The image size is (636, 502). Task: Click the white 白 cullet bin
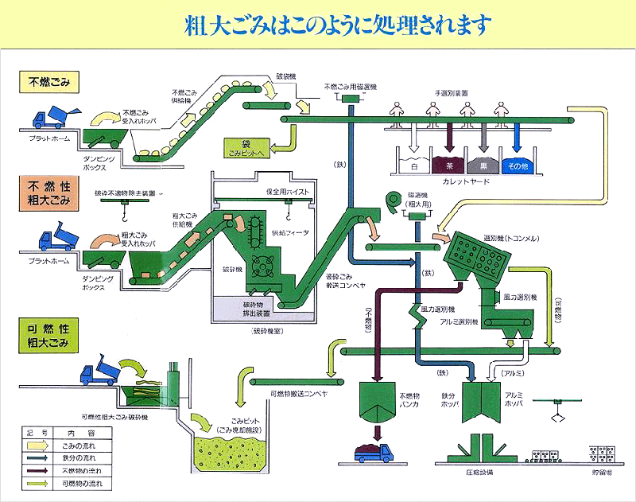(413, 165)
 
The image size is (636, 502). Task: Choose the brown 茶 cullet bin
(449, 165)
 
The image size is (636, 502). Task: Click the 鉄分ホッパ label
(441, 399)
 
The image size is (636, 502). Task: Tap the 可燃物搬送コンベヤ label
(298, 392)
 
